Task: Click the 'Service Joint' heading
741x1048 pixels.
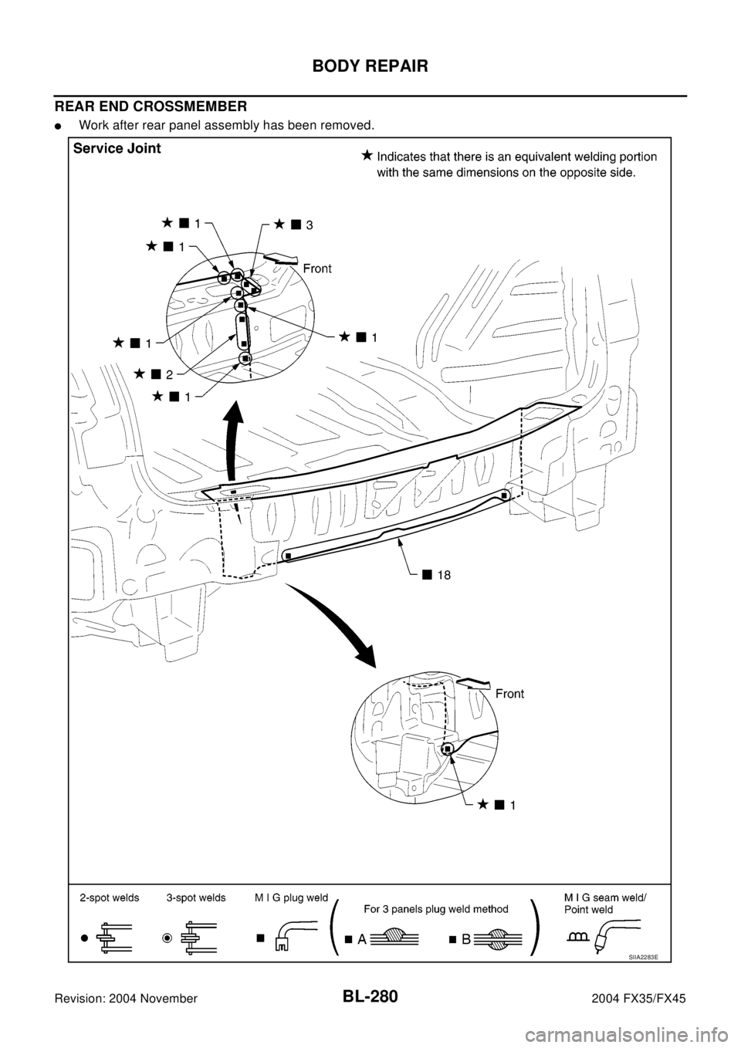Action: (x=117, y=150)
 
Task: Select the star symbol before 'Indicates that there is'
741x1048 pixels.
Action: (x=367, y=157)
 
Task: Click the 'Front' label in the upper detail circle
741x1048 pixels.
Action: (x=317, y=269)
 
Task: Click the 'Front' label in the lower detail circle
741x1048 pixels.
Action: (x=509, y=694)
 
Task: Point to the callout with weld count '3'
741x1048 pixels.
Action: (x=294, y=225)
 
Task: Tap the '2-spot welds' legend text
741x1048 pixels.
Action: (x=109, y=898)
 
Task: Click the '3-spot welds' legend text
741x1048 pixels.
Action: (x=196, y=898)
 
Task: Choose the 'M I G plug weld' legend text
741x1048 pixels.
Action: (x=291, y=898)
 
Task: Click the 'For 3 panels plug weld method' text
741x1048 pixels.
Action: (x=436, y=909)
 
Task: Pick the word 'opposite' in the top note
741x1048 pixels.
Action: (x=573, y=174)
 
